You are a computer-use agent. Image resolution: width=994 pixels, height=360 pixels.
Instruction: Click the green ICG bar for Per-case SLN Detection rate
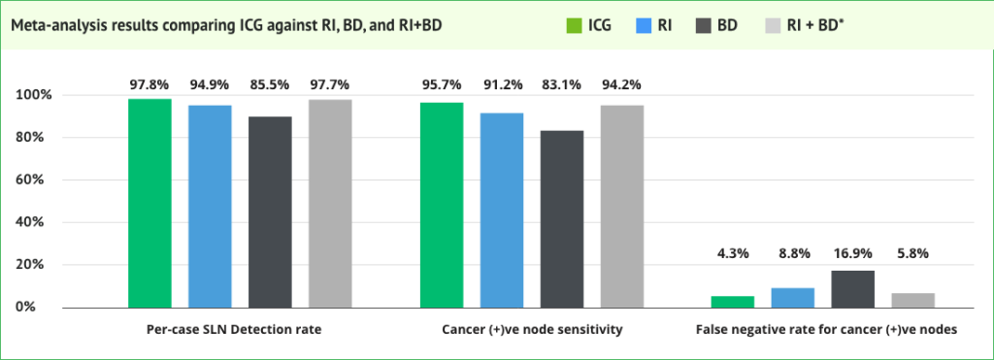149,203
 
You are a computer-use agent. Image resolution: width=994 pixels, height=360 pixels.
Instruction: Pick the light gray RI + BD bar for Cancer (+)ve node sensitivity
621,206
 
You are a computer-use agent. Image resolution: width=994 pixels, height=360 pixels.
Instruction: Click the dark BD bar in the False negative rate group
853,288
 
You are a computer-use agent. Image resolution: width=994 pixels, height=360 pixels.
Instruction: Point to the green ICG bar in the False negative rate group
733,301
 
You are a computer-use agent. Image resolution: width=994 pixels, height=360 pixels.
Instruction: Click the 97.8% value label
149,84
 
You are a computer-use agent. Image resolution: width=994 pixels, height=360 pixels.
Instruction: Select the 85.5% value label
271,84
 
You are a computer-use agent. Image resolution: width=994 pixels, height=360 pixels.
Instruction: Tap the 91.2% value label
502,84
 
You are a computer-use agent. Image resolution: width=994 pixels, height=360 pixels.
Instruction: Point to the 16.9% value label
853,253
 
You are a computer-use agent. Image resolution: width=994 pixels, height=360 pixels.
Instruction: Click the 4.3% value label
733,253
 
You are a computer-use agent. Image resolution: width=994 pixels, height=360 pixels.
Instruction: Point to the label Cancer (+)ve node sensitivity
532,330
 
